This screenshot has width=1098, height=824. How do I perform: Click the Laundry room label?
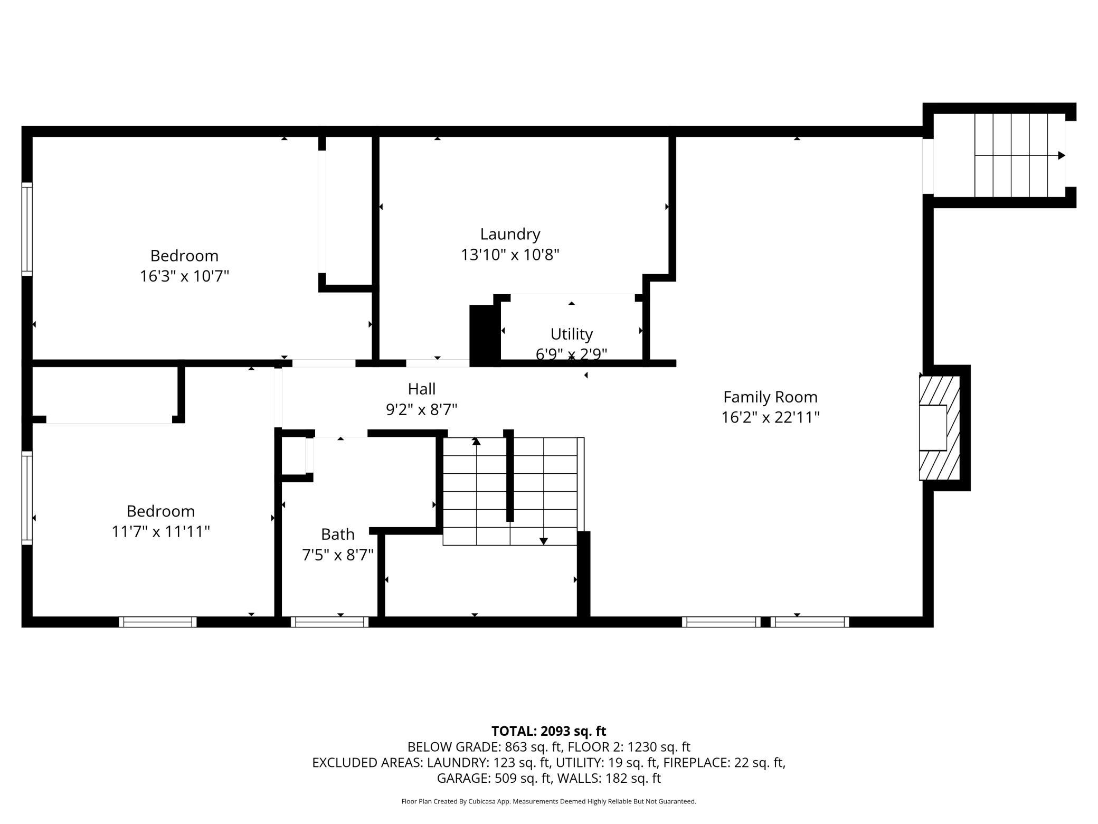click(510, 235)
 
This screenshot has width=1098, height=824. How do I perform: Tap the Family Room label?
click(770, 397)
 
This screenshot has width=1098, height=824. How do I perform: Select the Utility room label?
click(572, 334)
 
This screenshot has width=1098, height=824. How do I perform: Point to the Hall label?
click(422, 389)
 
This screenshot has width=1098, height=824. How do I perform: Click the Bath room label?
click(338, 535)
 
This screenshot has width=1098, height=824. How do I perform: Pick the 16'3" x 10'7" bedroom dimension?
click(184, 276)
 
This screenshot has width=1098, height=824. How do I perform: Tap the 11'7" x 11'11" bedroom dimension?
click(160, 531)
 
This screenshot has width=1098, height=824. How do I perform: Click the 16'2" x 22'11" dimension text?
click(770, 418)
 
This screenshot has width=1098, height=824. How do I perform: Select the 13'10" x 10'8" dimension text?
click(510, 255)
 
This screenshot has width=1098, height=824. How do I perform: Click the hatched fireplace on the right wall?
click(940, 428)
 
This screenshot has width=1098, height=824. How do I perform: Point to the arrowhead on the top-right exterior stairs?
click(1062, 155)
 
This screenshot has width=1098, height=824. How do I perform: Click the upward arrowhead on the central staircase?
click(476, 441)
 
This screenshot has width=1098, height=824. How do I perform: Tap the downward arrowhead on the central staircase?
click(543, 541)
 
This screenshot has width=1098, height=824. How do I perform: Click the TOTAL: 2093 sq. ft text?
click(548, 731)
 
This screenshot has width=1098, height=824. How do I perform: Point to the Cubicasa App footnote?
click(548, 801)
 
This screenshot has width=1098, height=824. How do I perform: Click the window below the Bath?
click(329, 622)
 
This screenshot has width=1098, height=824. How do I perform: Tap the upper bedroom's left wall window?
click(27, 229)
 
